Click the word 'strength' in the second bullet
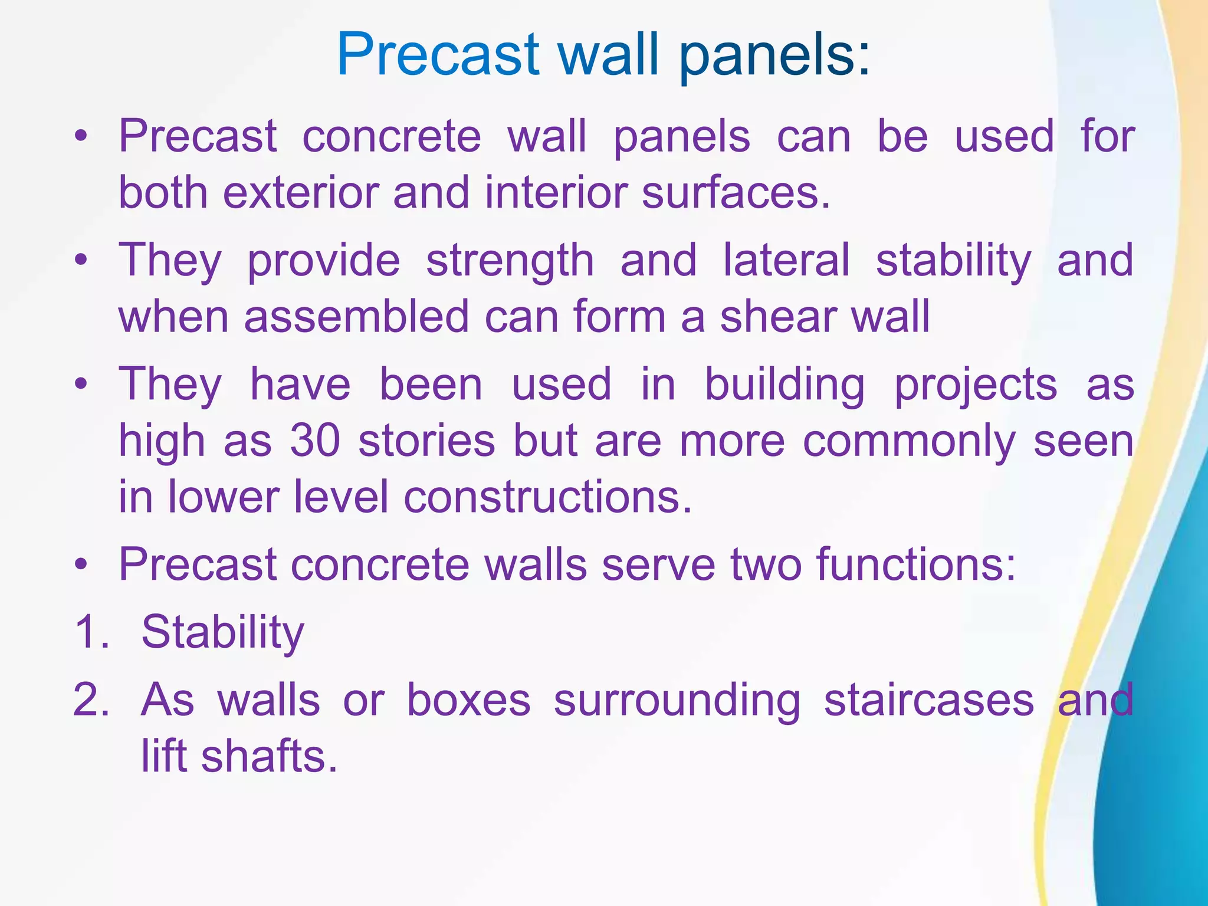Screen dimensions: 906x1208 510,261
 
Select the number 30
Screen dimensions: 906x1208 316,441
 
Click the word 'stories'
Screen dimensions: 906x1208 426,441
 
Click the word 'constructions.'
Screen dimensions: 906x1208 547,497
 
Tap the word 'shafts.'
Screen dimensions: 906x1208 270,757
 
